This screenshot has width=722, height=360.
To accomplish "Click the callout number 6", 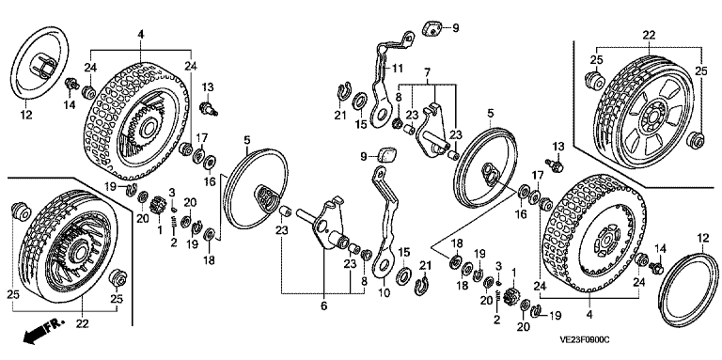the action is coord(323,306).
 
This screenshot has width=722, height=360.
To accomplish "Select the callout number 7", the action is coord(427,71).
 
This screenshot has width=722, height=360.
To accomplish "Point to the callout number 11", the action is coord(398,69).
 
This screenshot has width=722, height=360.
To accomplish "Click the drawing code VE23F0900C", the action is coord(585,339).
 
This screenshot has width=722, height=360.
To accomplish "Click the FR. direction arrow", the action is coord(42,331).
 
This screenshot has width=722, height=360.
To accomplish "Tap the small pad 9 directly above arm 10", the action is coord(388,155).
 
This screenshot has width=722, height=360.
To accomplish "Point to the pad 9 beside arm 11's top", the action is coord(432,27).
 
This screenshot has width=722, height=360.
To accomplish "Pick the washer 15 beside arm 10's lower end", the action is coord(405,274).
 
